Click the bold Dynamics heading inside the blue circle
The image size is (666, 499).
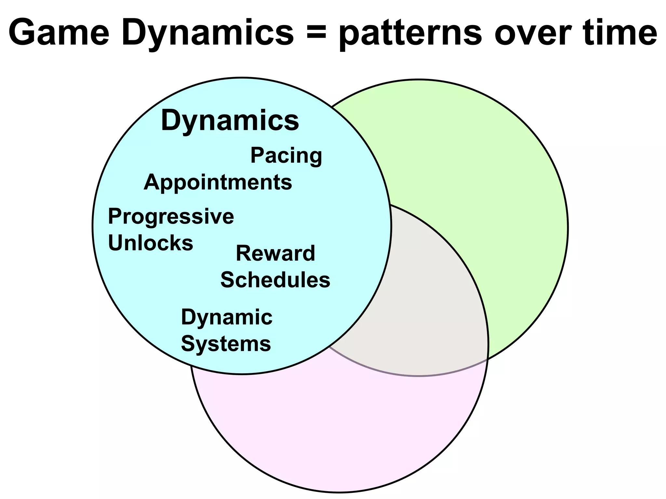230,121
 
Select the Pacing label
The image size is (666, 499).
286,156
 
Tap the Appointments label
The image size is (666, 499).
218,183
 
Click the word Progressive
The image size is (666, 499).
171,217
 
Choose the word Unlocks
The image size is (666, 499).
150,243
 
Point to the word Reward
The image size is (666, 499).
275,253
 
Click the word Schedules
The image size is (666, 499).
275,280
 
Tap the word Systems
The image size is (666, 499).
226,344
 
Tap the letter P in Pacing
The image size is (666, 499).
257,155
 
